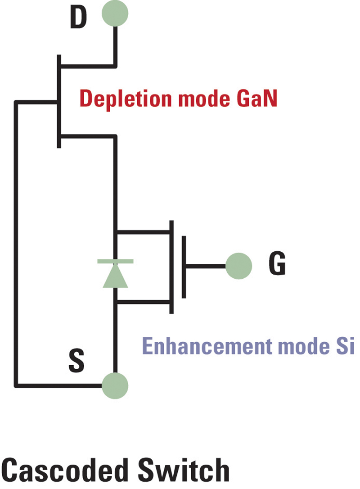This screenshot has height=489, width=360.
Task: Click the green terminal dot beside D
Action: click(115, 14)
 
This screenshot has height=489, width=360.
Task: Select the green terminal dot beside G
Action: click(238, 266)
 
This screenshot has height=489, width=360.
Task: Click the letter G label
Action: click(277, 265)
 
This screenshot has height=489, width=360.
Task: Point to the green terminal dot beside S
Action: click(115, 385)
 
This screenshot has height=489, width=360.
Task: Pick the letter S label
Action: click(76, 362)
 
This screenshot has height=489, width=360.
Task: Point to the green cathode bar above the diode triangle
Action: click(115, 261)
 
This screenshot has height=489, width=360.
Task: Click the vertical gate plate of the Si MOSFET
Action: click(184, 266)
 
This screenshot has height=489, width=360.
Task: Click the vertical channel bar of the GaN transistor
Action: click(59, 101)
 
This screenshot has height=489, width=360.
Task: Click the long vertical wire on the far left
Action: click(17, 243)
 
